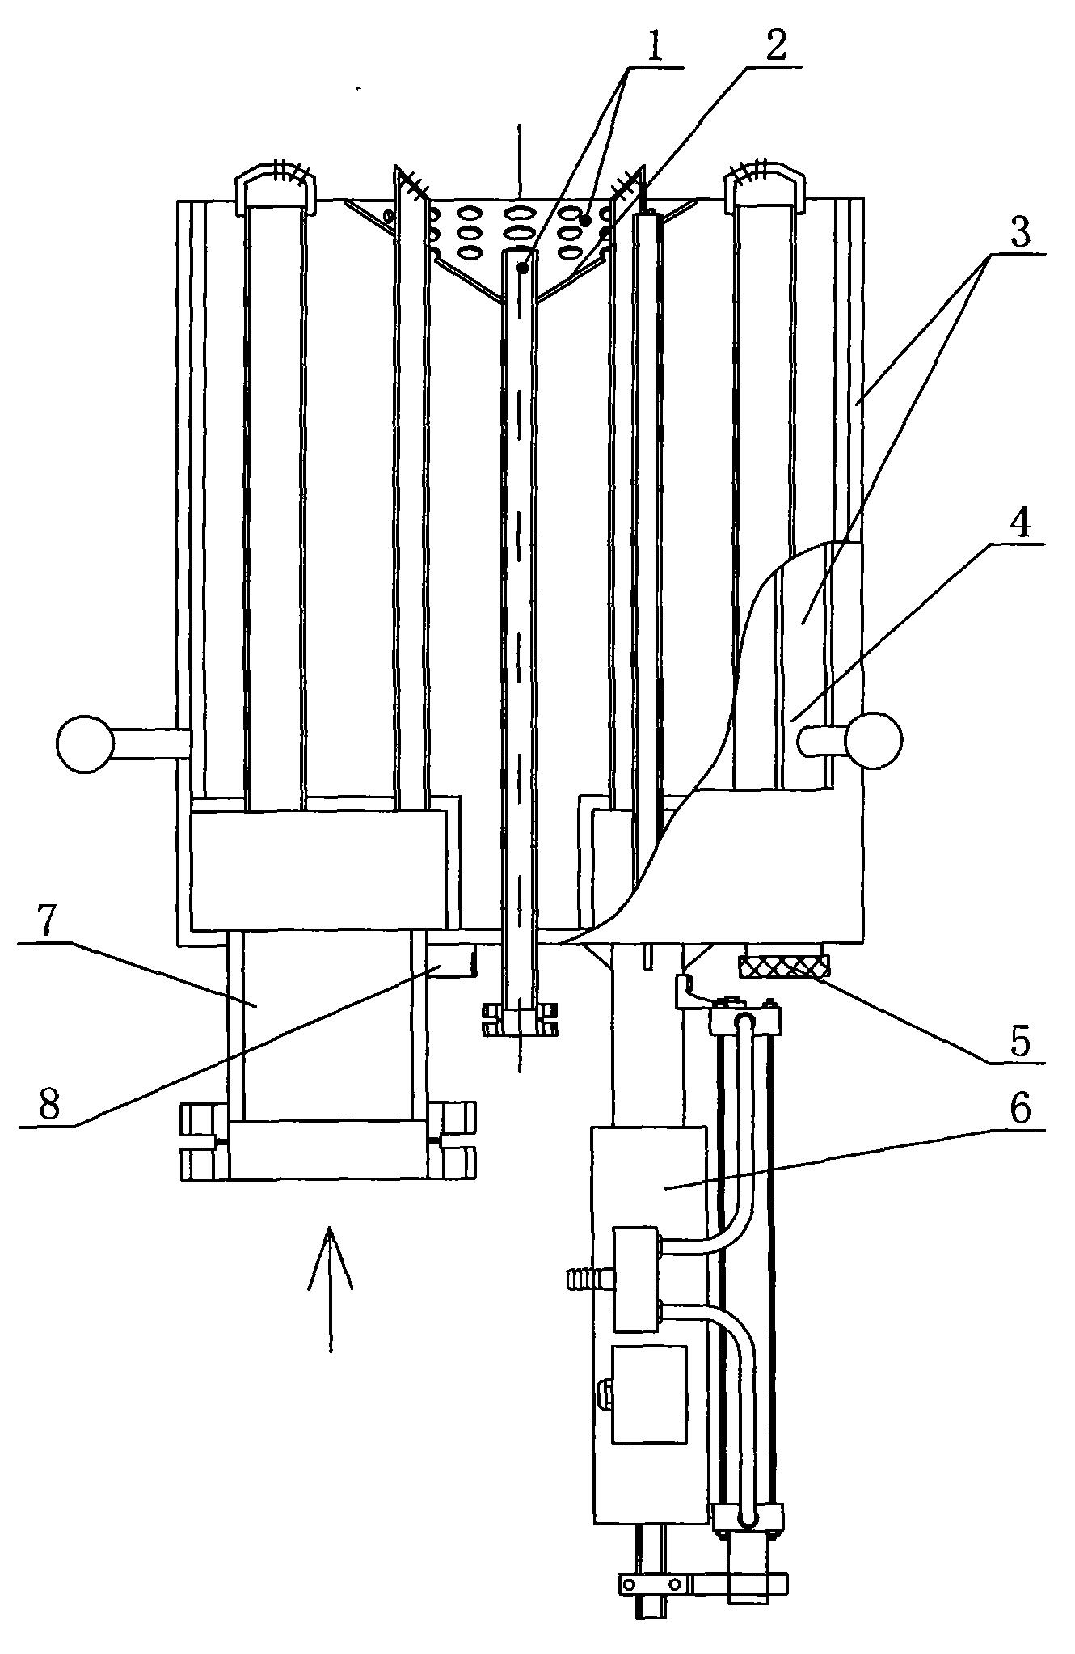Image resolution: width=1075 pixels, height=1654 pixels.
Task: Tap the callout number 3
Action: pos(1020,235)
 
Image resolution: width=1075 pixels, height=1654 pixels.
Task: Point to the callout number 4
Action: pos(1020,527)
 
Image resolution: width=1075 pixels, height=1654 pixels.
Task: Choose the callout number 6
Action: pos(1020,1110)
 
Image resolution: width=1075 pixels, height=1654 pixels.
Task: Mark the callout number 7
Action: pos(50,920)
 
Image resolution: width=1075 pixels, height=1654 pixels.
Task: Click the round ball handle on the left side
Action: pos(84,742)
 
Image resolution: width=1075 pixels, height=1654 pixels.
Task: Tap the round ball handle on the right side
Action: pos(873,739)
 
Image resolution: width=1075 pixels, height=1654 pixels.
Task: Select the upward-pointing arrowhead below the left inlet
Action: pos(330,1258)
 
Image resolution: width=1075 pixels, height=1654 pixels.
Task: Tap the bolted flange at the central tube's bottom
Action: pos(521,1020)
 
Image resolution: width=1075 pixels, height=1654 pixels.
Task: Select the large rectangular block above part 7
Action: pos(318,869)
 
